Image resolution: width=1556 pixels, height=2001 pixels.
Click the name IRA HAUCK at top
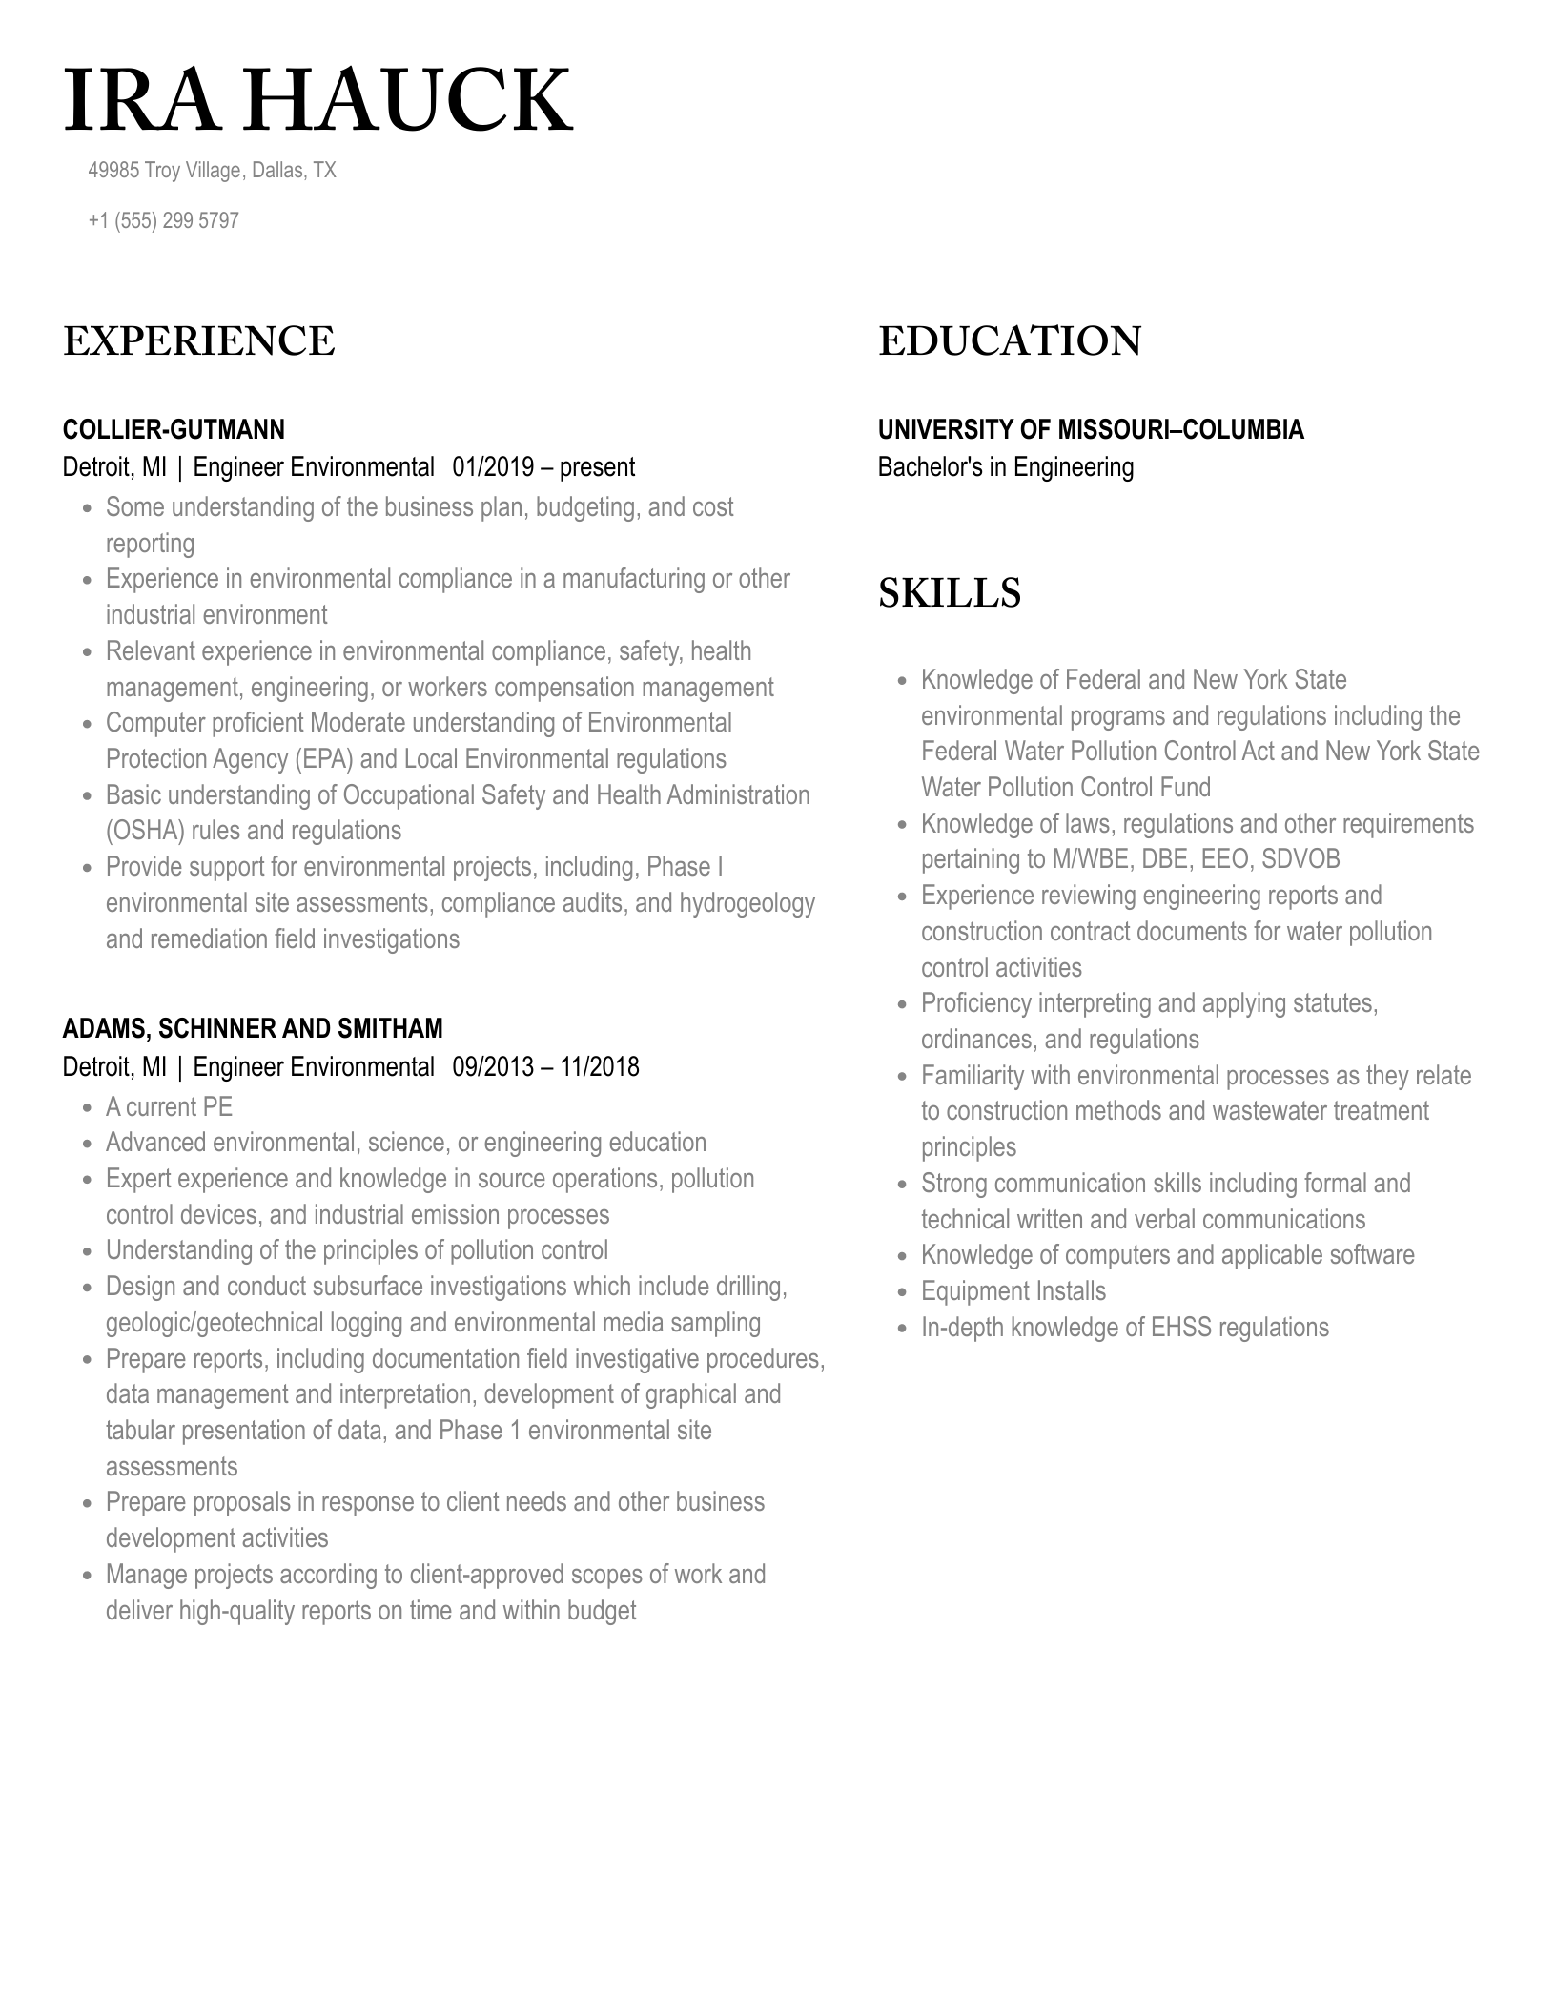[x=317, y=100]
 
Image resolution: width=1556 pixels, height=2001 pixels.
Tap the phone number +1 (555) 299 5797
[x=163, y=220]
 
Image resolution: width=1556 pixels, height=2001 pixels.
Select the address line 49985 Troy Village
[x=212, y=171]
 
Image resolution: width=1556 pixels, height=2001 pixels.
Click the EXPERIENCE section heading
[x=198, y=341]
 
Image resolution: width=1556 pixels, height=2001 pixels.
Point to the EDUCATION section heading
[x=1009, y=341]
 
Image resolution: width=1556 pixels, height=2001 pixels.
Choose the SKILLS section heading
[x=949, y=592]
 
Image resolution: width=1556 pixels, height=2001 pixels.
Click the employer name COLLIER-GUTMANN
[x=174, y=429]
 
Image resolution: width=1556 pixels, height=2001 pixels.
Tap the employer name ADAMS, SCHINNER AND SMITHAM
[x=253, y=1028]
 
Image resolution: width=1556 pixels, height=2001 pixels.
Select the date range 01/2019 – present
[x=543, y=467]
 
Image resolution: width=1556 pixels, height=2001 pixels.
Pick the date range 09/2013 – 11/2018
[x=545, y=1066]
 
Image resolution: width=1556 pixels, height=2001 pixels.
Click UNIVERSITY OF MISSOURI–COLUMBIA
[x=1090, y=429]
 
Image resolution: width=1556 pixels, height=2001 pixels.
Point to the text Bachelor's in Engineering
[x=1005, y=467]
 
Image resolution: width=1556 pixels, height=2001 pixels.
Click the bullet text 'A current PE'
[x=169, y=1106]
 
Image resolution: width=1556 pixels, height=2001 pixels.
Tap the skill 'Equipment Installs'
[x=1013, y=1291]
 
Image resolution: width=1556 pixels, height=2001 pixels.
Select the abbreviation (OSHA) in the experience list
[x=145, y=831]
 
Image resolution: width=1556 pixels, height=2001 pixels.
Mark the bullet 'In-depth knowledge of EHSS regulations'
[x=1124, y=1328]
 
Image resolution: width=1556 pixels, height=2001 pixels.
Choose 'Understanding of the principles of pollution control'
[x=357, y=1250]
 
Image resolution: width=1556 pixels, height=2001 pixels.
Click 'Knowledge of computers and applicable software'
[x=1167, y=1255]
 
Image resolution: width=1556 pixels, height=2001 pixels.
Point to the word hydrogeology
[x=747, y=903]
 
